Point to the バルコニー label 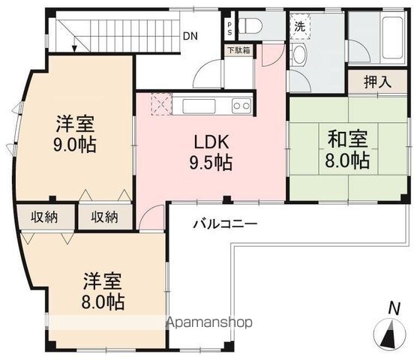coord(225,223)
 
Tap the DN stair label coord(191,35)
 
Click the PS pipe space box coord(229,28)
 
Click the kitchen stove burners coord(241,106)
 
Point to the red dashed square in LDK coord(161,103)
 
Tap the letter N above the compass coord(393,307)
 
